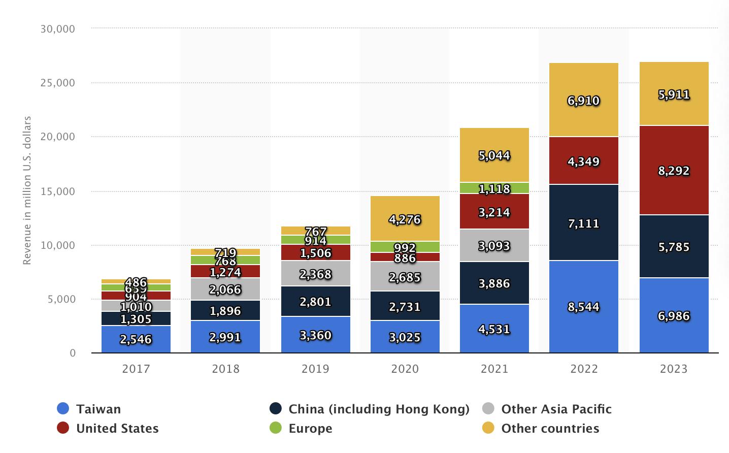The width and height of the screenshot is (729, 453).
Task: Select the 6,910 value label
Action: pos(584,101)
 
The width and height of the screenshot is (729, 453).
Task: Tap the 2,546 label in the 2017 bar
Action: pos(136,339)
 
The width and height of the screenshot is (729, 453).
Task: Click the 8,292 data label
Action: pos(674,171)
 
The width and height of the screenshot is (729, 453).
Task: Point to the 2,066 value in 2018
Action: pos(225,289)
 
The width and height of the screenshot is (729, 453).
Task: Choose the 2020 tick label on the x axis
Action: pos(405,369)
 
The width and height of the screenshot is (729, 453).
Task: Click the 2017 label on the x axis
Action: pos(136,369)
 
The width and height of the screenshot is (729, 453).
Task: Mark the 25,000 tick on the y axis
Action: pos(58,83)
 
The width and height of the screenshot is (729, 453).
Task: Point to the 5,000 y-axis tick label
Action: pos(61,299)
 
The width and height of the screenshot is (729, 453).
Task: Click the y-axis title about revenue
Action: pos(27,190)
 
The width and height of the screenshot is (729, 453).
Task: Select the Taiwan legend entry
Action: pos(98,409)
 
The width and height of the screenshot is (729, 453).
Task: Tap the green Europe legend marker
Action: pos(276,428)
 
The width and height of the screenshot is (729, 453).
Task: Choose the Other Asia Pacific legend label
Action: pos(556,409)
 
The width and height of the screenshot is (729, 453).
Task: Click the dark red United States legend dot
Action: pos(63,428)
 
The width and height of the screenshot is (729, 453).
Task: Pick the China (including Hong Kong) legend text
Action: pos(379,409)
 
